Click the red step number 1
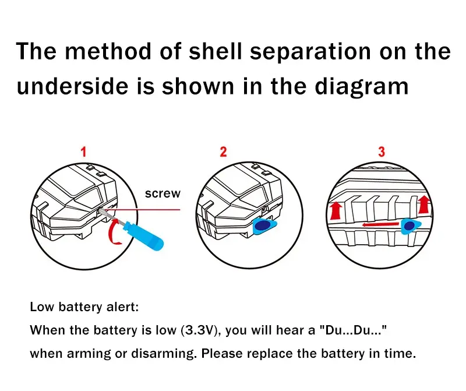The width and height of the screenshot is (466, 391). click(83, 152)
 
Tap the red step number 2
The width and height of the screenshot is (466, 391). click(223, 152)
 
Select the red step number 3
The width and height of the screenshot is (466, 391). click(382, 152)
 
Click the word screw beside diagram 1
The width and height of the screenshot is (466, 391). click(163, 193)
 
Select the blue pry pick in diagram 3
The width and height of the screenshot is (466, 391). click(410, 226)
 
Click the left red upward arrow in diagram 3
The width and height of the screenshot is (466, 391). click(336, 210)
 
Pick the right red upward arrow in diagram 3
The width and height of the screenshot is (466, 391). click(424, 205)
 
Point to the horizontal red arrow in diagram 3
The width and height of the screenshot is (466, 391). click(380, 224)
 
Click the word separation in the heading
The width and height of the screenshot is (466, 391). click(310, 51)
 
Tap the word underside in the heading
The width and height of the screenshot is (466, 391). click(72, 86)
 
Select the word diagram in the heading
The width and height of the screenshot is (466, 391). click(362, 87)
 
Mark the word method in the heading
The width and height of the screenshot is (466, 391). click(108, 51)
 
